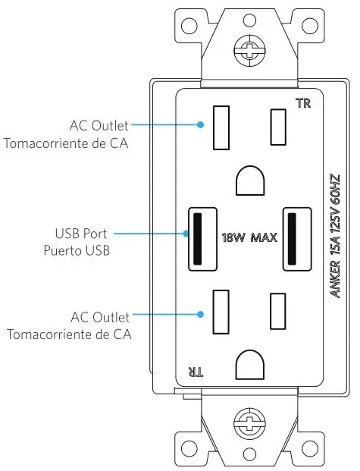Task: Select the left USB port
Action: click(x=198, y=237)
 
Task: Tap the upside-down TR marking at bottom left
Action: click(x=195, y=371)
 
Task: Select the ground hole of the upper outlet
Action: click(x=249, y=181)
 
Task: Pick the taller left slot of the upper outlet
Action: click(x=221, y=127)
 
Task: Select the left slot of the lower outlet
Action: click(x=221, y=312)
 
